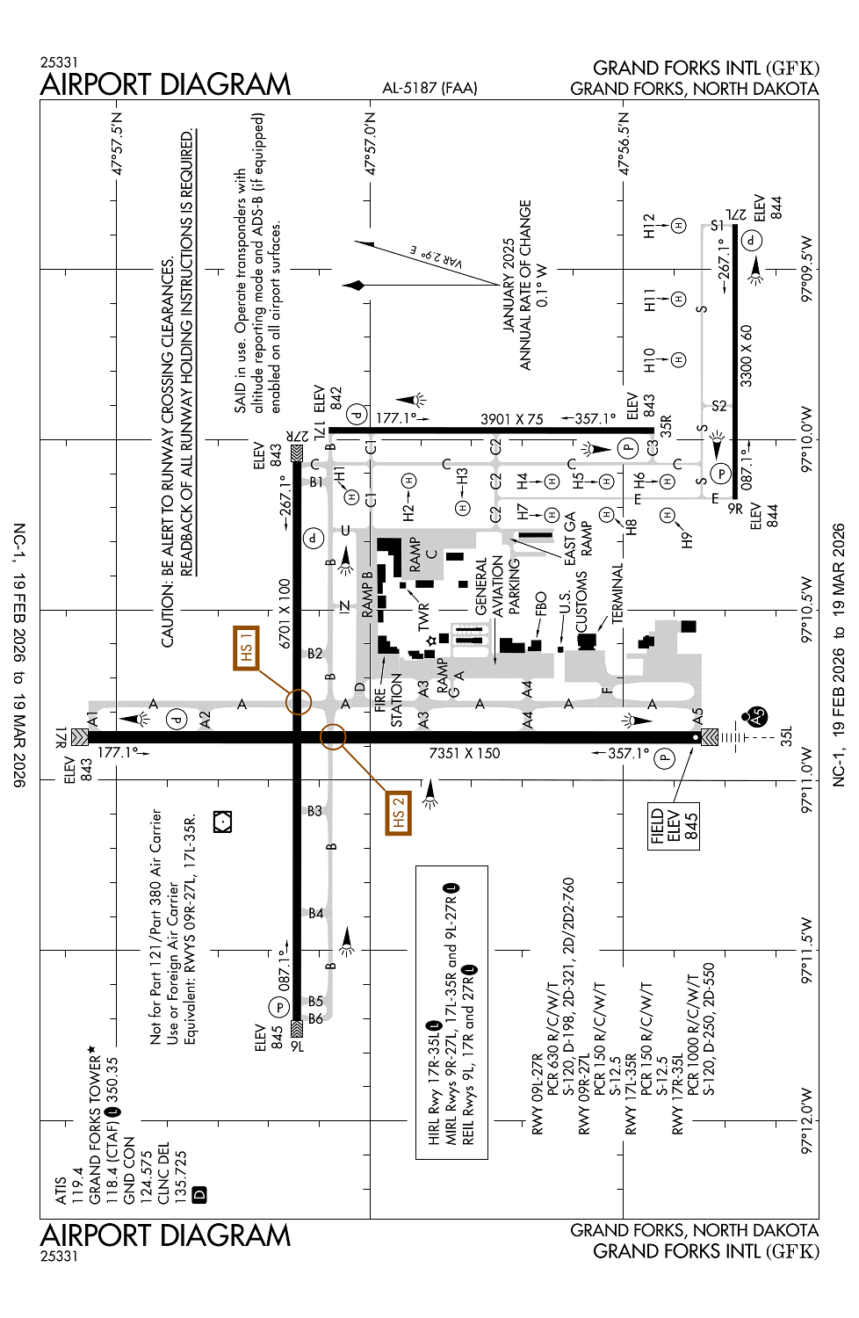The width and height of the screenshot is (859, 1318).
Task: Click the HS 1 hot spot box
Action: coord(246,648)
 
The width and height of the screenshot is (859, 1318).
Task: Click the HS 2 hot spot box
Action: coord(398,813)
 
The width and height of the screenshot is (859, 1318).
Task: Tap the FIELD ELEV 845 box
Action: coord(674,826)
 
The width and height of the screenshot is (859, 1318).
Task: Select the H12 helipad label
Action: coord(649,226)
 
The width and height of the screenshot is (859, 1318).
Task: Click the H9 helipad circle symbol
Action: coord(667,516)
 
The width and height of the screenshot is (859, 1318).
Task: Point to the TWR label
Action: coord(423,617)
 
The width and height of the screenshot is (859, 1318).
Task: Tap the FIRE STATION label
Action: coord(387,700)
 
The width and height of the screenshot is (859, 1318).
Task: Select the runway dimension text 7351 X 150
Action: coord(465,753)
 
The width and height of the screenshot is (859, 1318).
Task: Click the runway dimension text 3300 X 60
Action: coord(746,356)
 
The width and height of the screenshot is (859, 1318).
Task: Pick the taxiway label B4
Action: coord(316,913)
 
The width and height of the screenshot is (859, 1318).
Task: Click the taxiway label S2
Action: coord(719,406)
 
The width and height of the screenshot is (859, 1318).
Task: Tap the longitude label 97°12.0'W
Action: coord(806,1120)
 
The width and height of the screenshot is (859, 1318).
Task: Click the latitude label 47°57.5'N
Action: coord(117,143)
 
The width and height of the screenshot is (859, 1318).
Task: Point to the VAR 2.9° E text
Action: coord(436,257)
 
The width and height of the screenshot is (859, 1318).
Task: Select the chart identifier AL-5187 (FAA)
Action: coord(429,88)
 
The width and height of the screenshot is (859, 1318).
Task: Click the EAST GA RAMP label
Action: coord(578,539)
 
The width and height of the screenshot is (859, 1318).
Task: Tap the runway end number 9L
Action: coord(297,1046)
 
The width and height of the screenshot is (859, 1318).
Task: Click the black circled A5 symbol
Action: coord(756,716)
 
